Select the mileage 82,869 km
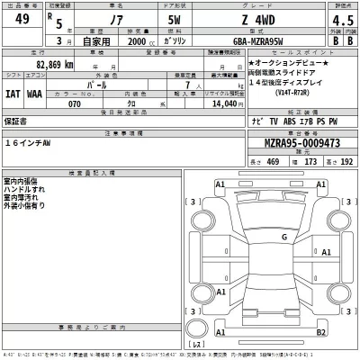[x=45, y=66]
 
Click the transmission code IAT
[x=13, y=93]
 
